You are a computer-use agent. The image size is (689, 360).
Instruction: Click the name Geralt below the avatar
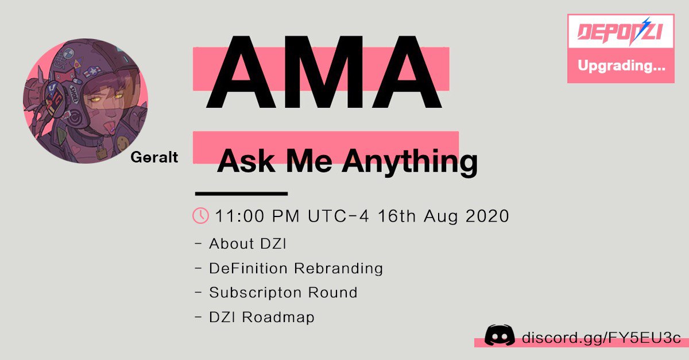tap(154, 157)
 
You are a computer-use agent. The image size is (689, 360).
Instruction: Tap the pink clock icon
tap(200, 215)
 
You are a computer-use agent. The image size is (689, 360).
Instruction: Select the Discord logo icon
tap(500, 335)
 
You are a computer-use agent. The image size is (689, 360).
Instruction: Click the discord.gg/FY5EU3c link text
tap(601, 338)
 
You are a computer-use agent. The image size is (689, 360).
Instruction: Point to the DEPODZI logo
tap(621, 32)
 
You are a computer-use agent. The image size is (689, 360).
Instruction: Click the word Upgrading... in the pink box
tap(621, 66)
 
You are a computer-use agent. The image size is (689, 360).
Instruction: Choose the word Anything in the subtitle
tap(410, 162)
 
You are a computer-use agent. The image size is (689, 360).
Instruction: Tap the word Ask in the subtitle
tap(246, 161)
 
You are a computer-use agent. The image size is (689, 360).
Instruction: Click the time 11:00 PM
tap(257, 216)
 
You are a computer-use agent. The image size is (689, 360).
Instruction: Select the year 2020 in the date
tap(487, 216)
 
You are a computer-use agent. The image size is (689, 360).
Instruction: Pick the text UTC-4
tap(338, 216)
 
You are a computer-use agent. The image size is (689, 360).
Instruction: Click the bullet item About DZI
tap(247, 243)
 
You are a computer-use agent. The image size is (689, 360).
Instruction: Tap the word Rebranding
tap(338, 268)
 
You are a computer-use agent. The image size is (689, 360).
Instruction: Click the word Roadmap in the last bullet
tap(278, 318)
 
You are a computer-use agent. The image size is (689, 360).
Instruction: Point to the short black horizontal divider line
tap(242, 193)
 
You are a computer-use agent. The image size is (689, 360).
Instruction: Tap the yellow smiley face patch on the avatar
tap(122, 142)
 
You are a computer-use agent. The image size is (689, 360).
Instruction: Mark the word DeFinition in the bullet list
tap(248, 268)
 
